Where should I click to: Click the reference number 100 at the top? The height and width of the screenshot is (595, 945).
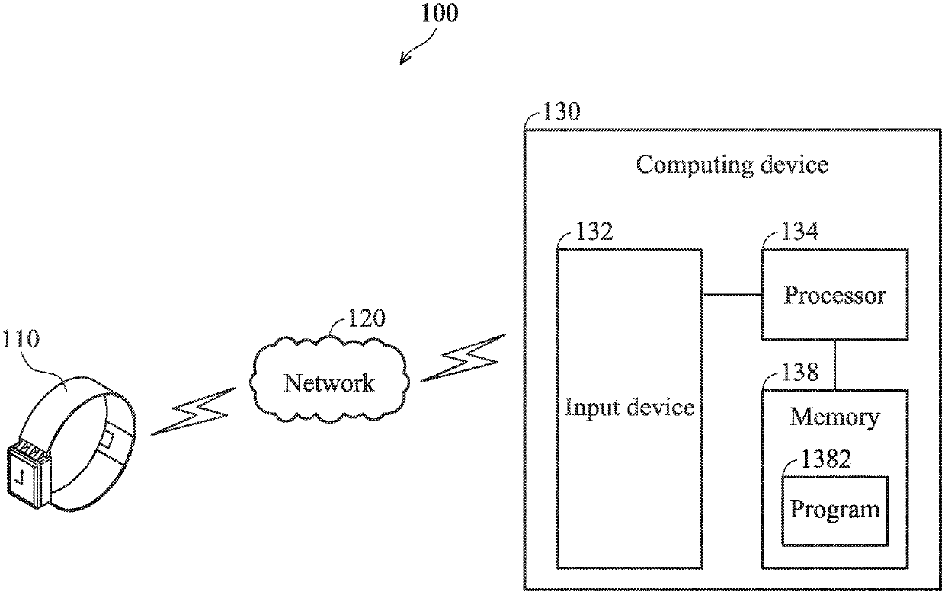pyautogui.click(x=440, y=13)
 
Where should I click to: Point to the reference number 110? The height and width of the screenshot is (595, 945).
pyautogui.click(x=21, y=338)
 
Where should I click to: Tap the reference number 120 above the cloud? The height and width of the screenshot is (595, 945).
pyautogui.click(x=366, y=318)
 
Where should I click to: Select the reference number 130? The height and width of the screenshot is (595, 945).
pyautogui.click(x=561, y=112)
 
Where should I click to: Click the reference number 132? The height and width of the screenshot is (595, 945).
pyautogui.click(x=594, y=232)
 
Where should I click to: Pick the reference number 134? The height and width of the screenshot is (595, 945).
pyautogui.click(x=800, y=232)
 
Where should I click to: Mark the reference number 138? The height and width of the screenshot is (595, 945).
pyautogui.click(x=800, y=373)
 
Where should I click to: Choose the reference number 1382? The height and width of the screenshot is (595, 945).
pyautogui.click(x=825, y=459)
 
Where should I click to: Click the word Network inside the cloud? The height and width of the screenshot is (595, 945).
pyautogui.click(x=329, y=383)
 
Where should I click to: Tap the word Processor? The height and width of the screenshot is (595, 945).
pyautogui.click(x=834, y=295)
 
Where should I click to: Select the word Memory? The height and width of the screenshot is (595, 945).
pyautogui.click(x=834, y=418)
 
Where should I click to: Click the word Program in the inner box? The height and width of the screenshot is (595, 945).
pyautogui.click(x=834, y=510)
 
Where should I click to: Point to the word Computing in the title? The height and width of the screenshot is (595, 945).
pyautogui.click(x=694, y=165)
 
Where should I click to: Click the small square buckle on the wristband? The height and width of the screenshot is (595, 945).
pyautogui.click(x=107, y=440)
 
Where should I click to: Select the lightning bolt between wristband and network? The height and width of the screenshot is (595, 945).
pyautogui.click(x=194, y=411)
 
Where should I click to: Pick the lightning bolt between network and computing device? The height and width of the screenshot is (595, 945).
pyautogui.click(x=463, y=358)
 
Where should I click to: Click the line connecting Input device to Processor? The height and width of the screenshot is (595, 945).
pyautogui.click(x=732, y=294)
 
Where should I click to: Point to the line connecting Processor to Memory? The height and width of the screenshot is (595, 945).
pyautogui.click(x=835, y=365)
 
